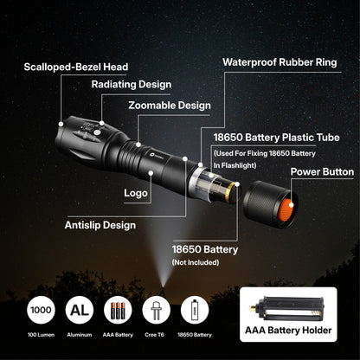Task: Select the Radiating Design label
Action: [131, 85]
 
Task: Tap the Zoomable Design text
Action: [169, 106]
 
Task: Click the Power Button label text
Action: [322, 172]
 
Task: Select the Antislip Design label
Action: [100, 225]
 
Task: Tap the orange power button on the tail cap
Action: [269, 209]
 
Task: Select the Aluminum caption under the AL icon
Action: [80, 334]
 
